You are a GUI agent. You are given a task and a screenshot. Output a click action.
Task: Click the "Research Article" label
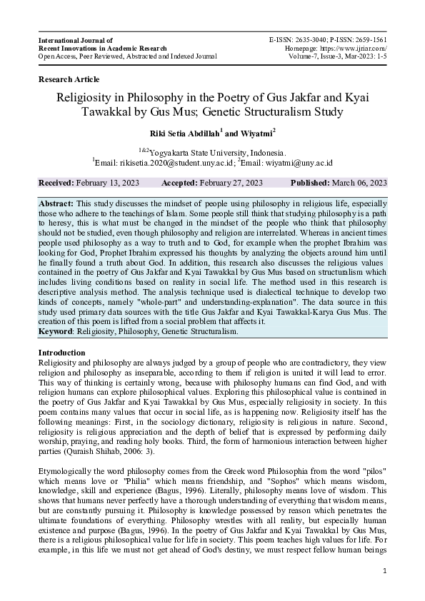69,79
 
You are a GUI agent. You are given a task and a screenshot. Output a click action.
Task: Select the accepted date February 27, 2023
231,183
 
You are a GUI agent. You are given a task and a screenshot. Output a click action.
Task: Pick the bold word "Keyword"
57,331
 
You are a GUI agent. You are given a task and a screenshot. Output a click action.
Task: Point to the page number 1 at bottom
385,571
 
